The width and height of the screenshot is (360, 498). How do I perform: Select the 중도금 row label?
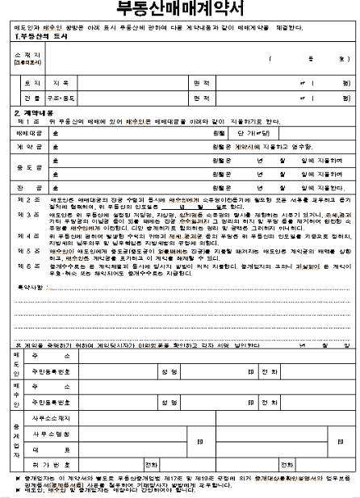pyautogui.click(x=27, y=169)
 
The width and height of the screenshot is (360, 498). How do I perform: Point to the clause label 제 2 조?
pyautogui.click(x=29, y=199)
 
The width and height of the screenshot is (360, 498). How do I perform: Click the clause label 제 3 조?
pyautogui.click(x=29, y=215)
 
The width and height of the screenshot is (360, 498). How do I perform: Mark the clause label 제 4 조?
pyautogui.click(x=29, y=236)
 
